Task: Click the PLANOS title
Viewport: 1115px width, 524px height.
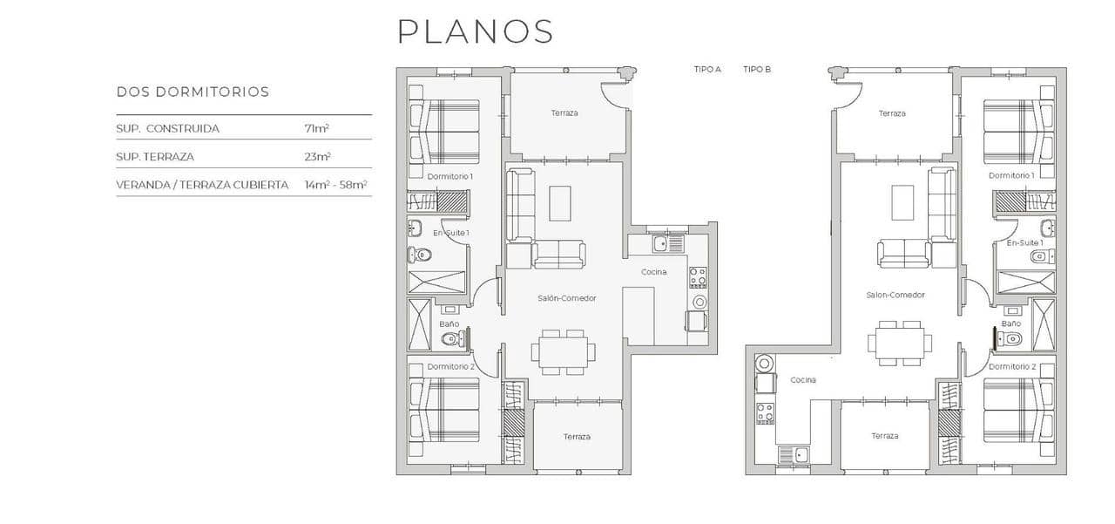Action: point(475,31)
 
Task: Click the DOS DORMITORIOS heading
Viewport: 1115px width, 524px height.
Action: point(193,92)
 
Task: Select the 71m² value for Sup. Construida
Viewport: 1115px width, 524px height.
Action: point(316,128)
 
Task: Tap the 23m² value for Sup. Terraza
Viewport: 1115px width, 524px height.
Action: point(317,157)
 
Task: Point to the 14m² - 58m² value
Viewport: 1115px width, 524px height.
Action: point(335,185)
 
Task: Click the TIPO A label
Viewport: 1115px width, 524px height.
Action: point(707,69)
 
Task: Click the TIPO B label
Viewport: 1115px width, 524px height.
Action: point(757,69)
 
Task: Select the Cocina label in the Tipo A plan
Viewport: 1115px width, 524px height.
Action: point(654,272)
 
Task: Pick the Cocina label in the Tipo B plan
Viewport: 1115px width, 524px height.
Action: point(803,380)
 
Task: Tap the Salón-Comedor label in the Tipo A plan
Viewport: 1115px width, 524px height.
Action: point(566,298)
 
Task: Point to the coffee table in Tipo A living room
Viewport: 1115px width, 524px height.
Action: point(559,203)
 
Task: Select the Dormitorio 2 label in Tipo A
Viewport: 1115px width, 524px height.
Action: point(450,367)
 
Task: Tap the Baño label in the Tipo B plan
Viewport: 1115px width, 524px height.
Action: point(1010,323)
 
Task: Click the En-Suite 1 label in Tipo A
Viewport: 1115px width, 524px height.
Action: point(451,233)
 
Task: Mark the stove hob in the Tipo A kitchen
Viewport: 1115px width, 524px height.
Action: point(698,277)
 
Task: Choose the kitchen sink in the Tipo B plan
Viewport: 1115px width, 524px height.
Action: point(795,453)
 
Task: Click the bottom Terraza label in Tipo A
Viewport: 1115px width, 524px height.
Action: point(577,437)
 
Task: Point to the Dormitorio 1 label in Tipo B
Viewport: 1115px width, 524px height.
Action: point(1011,175)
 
